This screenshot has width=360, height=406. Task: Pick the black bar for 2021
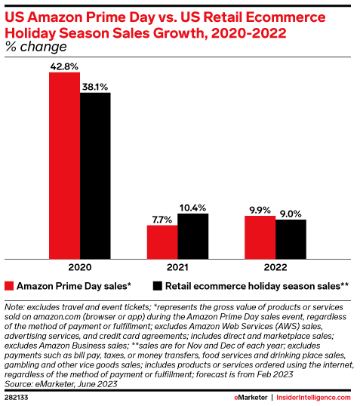(x=192, y=235)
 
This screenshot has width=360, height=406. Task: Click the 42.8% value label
(x=64, y=67)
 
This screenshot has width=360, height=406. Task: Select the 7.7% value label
(x=162, y=219)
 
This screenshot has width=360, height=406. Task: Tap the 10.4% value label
(x=193, y=207)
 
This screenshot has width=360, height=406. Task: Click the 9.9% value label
(x=260, y=209)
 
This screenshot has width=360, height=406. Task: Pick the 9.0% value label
(x=291, y=213)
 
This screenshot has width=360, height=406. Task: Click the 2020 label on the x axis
(x=80, y=266)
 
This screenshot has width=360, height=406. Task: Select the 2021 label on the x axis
(x=177, y=266)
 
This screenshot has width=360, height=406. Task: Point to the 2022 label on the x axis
(x=275, y=266)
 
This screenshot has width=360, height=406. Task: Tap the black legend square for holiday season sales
(x=158, y=286)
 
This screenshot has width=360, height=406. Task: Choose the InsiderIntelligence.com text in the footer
(x=315, y=397)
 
